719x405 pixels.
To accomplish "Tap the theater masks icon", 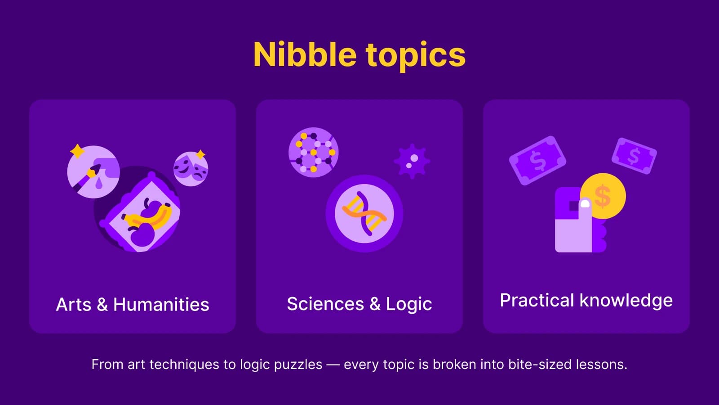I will tap(191, 169).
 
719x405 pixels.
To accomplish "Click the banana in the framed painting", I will tap(148, 218).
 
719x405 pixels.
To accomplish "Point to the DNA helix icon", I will tap(364, 213).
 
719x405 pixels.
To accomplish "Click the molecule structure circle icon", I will tap(313, 152).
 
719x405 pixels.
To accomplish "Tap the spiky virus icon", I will tap(412, 161).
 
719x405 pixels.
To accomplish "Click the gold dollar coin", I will tap(603, 196).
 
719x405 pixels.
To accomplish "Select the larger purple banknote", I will tap(537, 160).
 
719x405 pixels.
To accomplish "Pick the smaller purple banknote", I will tap(634, 156).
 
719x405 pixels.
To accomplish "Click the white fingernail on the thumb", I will tap(585, 204).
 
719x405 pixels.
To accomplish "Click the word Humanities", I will tap(161, 305).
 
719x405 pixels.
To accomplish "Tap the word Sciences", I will tap(325, 304).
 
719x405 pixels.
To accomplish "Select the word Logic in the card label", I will tap(409, 304).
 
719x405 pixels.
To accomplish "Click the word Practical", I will tap(537, 300).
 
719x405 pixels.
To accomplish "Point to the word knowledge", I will tap(626, 301).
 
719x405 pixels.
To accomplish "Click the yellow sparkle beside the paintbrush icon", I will tap(77, 151).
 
